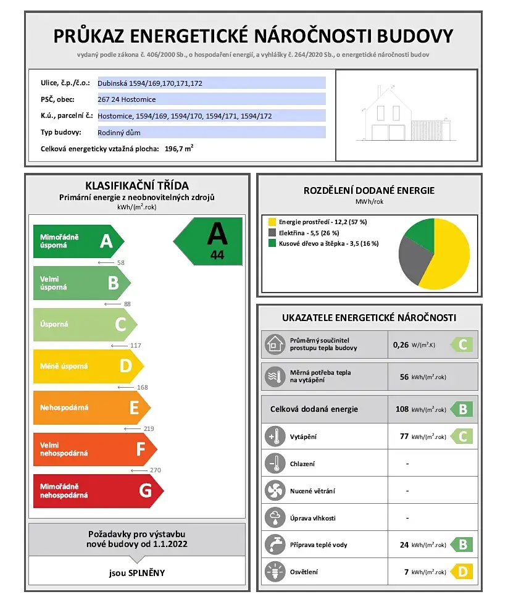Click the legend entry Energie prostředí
point(322,222)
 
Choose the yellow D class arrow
point(87,366)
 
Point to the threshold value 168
point(143,388)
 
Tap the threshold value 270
point(155,470)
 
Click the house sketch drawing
point(406,115)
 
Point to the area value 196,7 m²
point(178,149)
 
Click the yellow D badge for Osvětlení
point(462,572)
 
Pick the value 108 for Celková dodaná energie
point(402,409)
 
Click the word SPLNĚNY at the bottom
point(147,572)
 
